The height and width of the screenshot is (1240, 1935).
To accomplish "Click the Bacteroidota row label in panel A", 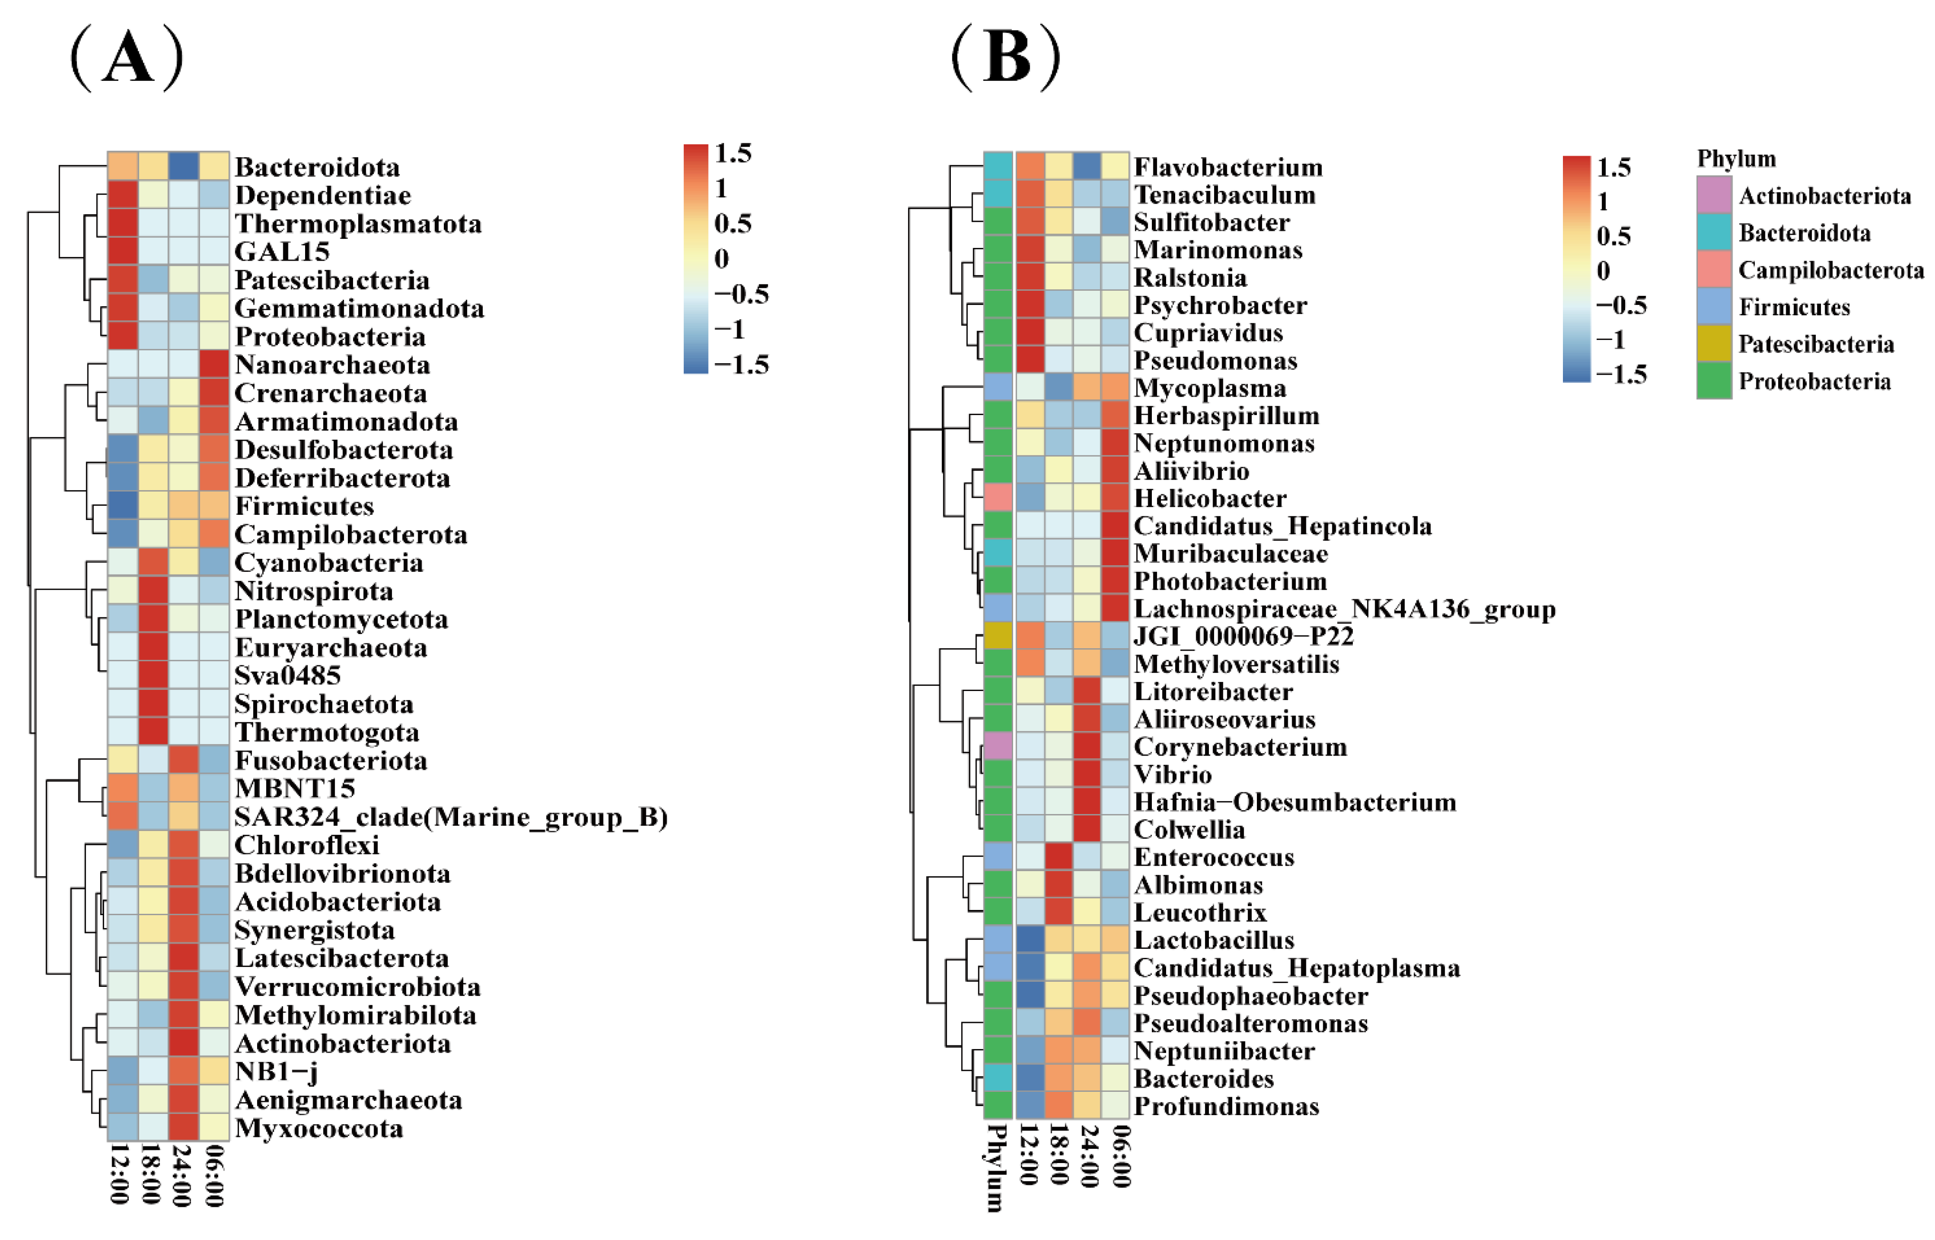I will [x=316, y=168].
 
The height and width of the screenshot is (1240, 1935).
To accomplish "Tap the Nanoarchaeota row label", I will [x=332, y=365].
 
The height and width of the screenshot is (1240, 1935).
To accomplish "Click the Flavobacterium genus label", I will [x=1228, y=168].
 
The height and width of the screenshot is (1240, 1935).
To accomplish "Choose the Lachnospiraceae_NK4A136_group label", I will [x=1344, y=609].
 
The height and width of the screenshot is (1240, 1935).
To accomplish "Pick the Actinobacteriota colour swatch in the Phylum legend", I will [x=1714, y=195].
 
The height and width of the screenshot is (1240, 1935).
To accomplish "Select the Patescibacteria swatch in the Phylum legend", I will [x=1714, y=344].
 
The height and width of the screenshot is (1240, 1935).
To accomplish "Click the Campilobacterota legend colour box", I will [x=1714, y=270].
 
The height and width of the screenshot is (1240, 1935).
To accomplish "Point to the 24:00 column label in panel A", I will [x=182, y=1175].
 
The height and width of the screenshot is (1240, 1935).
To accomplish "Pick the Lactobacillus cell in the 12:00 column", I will [x=1030, y=940].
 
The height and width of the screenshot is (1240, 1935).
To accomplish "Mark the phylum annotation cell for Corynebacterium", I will [x=997, y=747].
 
